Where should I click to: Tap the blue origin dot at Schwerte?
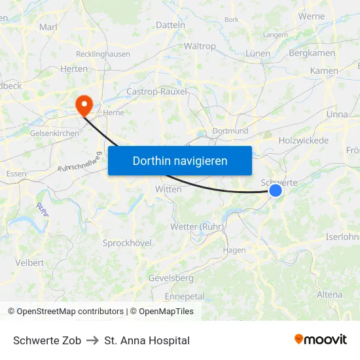tap(276, 190)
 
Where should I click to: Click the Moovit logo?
tap(321, 340)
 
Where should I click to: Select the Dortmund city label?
tap(230, 131)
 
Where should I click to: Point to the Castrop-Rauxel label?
tap(156, 92)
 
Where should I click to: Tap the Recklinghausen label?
tap(103, 54)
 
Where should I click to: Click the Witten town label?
tap(168, 189)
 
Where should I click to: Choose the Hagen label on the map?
tap(234, 250)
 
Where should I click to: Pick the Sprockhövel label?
tap(127, 243)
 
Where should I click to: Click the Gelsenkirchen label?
tap(54, 133)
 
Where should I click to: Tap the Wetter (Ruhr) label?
tap(197, 226)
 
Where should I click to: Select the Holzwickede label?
tap(304, 140)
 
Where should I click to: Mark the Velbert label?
tap(29, 262)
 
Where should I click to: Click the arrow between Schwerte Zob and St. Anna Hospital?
tap(92, 340)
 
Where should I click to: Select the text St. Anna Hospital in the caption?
tap(147, 340)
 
